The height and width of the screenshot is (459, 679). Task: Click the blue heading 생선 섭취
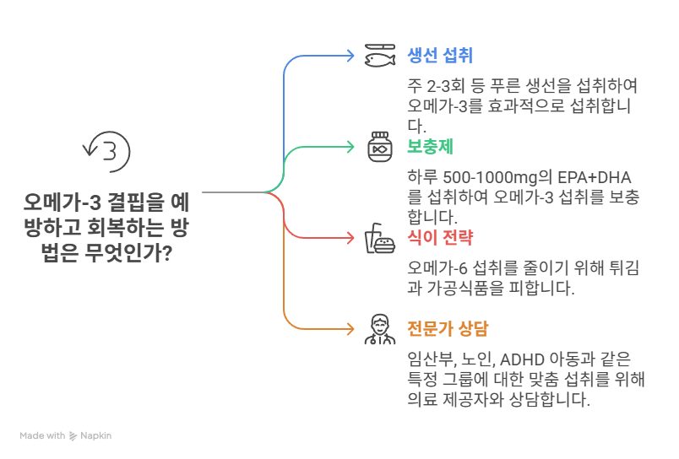[439, 56]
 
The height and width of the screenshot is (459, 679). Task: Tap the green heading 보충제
[431, 146]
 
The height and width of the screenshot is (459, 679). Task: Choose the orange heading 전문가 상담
[448, 328]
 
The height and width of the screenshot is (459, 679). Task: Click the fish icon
[380, 56]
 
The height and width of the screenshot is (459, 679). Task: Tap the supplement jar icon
[380, 147]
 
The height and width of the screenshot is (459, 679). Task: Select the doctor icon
[380, 329]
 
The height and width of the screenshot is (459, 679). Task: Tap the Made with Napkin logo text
[66, 436]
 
